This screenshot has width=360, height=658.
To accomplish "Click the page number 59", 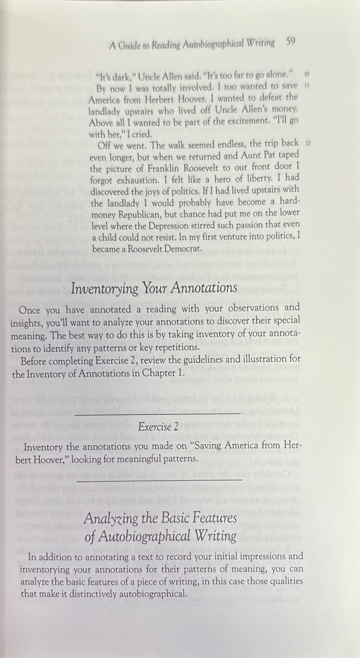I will point(291,42).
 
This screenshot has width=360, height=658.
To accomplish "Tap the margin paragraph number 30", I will point(306,74).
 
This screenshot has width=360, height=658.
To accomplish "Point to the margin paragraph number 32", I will point(308,143).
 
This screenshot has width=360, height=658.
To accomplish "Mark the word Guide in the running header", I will point(129,46).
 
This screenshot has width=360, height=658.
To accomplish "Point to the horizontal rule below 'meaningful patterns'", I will point(159,480).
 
